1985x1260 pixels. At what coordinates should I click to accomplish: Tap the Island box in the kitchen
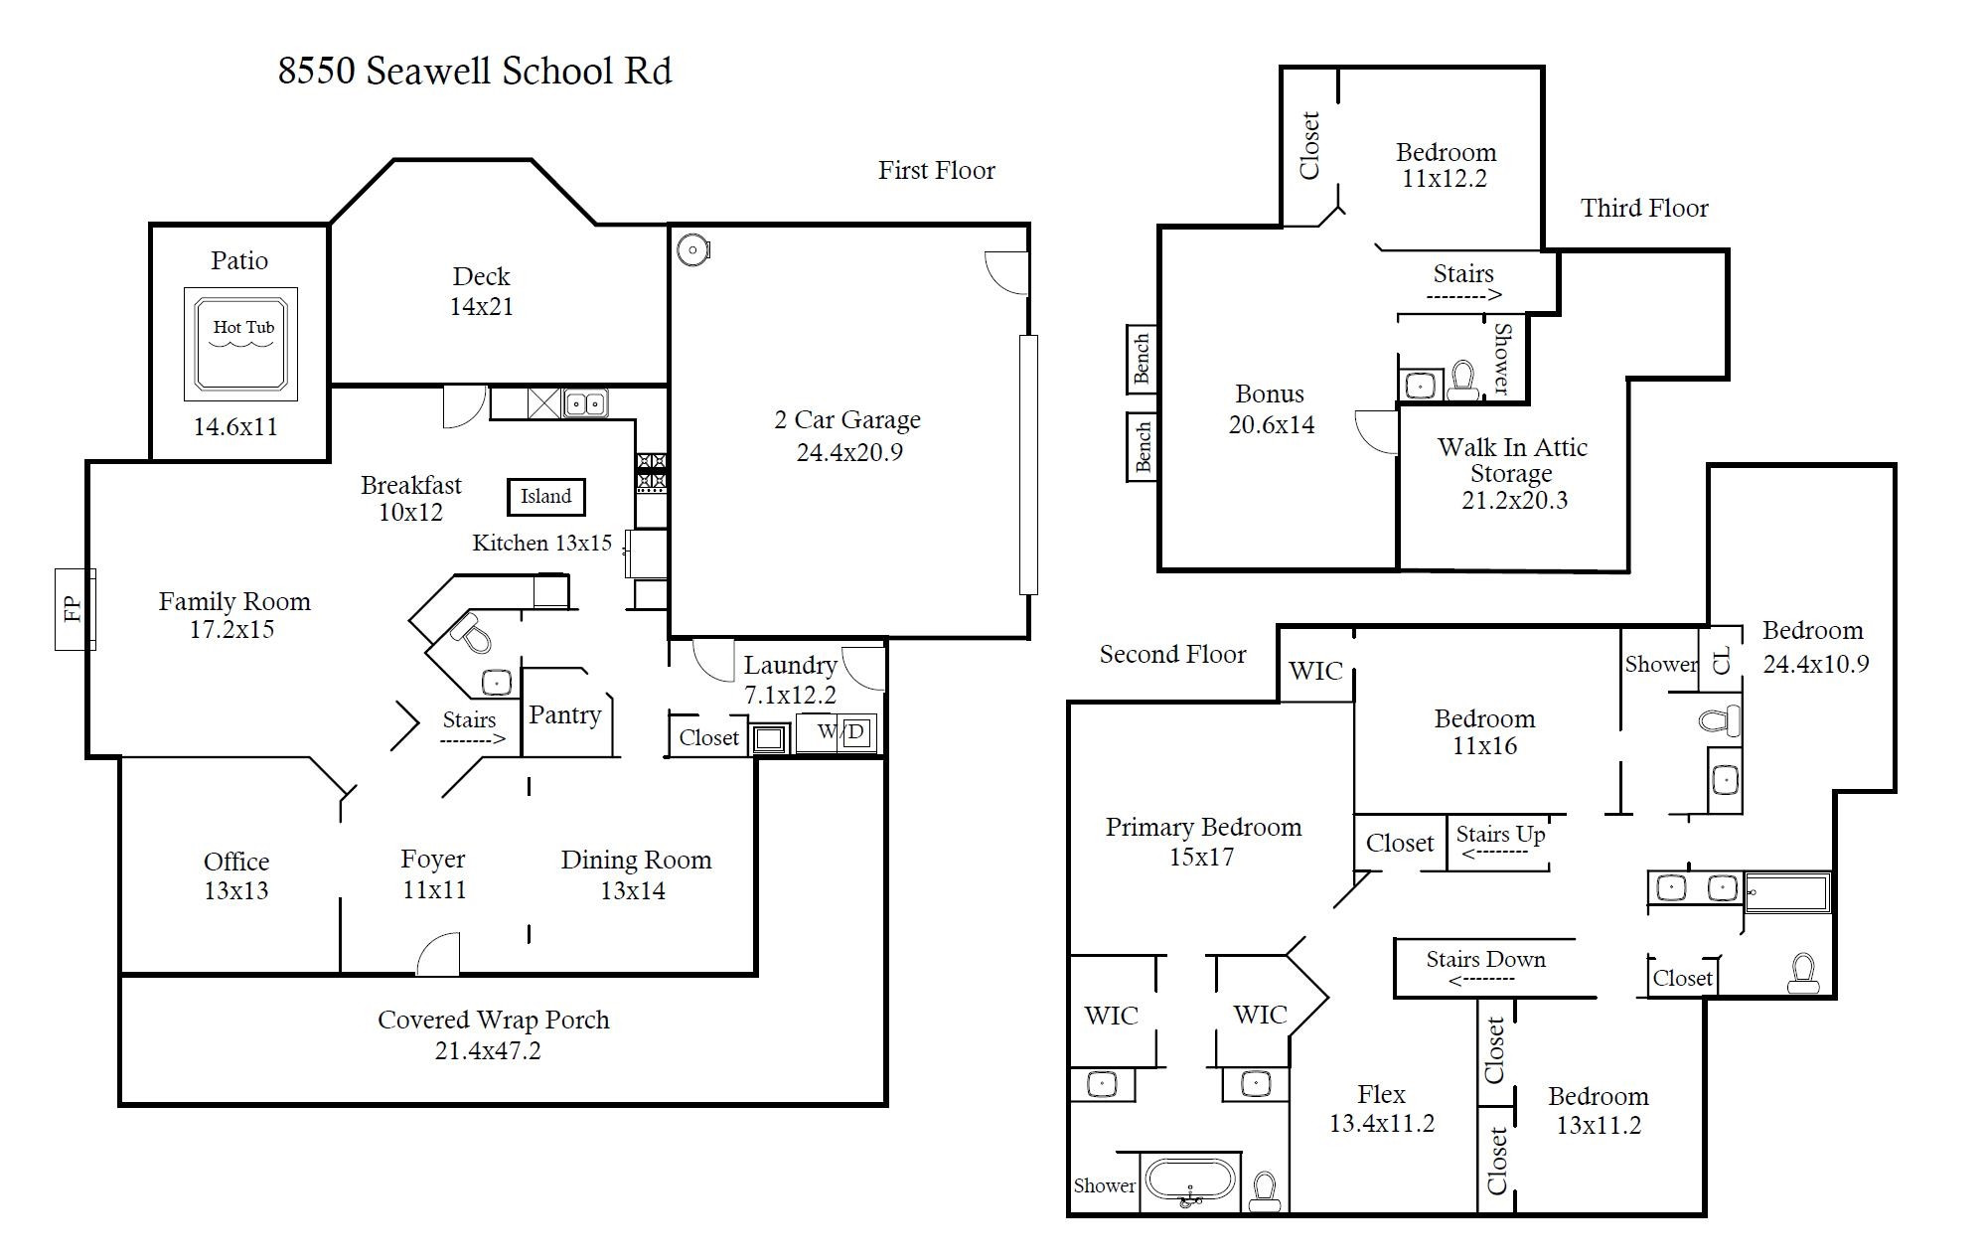coord(545,496)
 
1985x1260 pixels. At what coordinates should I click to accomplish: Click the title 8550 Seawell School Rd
coord(475,72)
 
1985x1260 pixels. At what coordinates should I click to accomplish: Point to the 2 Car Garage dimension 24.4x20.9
coord(848,452)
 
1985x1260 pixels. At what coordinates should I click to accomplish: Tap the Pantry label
coord(564,714)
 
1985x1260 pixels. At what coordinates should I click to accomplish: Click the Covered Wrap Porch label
coord(493,1020)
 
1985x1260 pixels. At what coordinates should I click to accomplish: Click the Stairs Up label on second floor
coord(1500,834)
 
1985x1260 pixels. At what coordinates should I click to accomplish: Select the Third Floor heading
coord(1644,208)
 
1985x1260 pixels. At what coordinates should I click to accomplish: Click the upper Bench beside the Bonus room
coord(1142,358)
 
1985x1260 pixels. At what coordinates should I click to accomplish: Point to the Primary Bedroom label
coord(1203,827)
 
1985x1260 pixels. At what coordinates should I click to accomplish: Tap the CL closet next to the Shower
coord(1722,659)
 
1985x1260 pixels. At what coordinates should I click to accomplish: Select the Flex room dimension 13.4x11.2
coord(1381,1124)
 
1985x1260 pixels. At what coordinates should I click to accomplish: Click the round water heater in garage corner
coord(691,249)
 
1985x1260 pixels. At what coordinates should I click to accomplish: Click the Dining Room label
coord(636,860)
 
